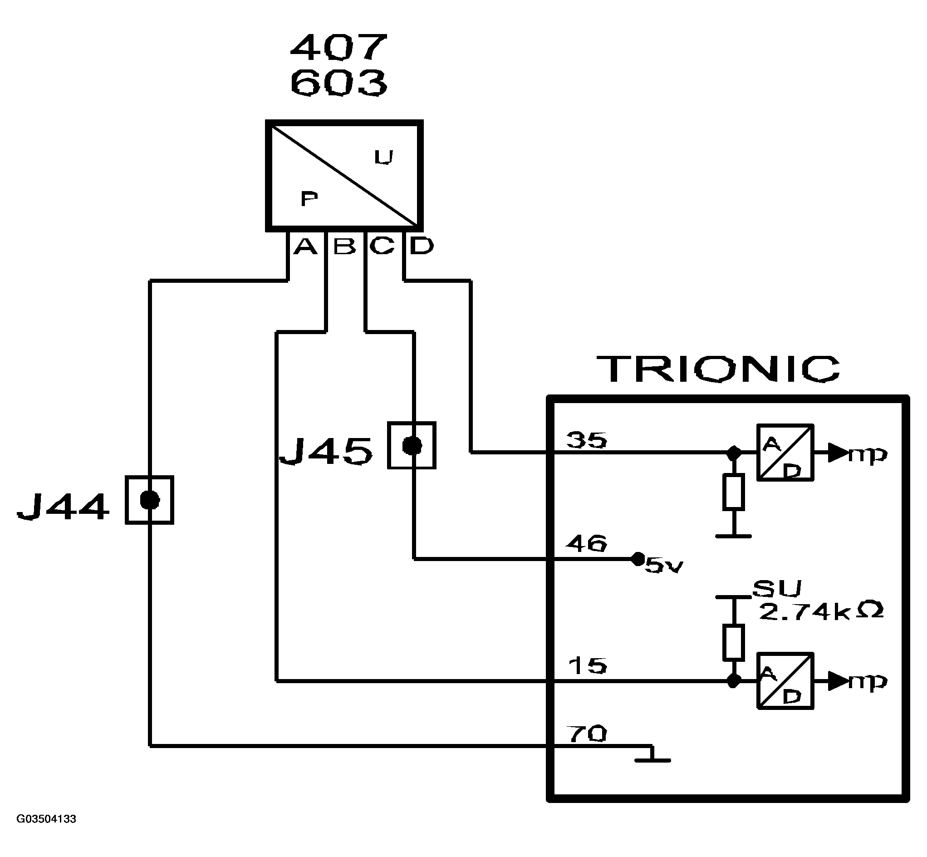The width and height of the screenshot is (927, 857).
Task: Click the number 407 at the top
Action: point(338,47)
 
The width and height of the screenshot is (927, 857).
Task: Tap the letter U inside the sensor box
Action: point(384,158)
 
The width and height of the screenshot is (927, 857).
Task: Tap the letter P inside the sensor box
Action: point(309,198)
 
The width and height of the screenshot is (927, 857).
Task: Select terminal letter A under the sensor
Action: point(305,246)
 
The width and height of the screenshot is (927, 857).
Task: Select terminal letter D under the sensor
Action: point(422,246)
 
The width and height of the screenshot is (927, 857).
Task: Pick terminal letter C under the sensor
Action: point(382,246)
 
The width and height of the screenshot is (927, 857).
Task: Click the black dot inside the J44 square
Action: point(150,500)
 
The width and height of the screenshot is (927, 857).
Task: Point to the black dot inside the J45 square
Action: point(412,445)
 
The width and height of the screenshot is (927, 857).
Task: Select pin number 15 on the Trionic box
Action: point(587,666)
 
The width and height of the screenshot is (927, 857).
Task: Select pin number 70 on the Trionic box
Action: point(586,734)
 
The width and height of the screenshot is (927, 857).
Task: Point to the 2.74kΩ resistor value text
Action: point(821,612)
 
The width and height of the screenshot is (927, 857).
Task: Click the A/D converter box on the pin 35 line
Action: point(785,453)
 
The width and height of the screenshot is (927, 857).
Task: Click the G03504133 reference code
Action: point(46,819)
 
